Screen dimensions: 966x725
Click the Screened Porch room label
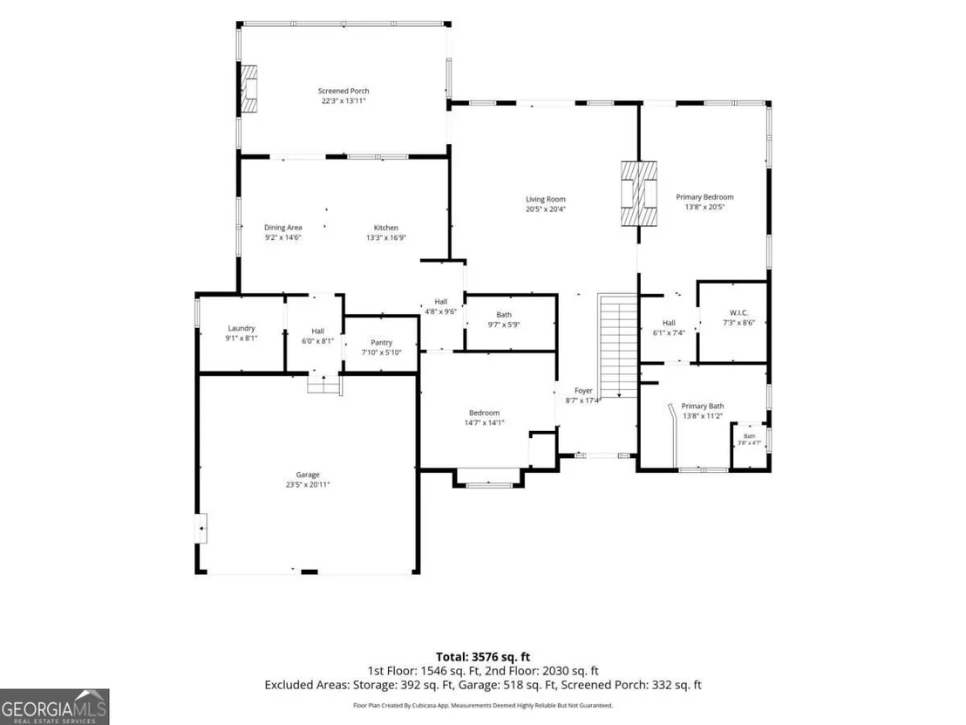coord(344,91)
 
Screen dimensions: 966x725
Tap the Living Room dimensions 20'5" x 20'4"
coord(545,209)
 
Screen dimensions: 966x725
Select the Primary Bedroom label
coord(704,197)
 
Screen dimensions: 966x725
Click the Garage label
coord(308,475)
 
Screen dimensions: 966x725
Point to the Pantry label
coord(381,343)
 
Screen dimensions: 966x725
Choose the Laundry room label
coord(241,329)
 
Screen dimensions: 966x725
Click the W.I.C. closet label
coord(738,312)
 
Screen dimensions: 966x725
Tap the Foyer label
coord(583,391)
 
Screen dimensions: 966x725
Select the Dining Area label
coord(283,228)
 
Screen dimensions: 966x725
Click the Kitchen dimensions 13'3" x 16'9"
coord(386,237)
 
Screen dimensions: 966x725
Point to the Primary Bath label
coord(703,407)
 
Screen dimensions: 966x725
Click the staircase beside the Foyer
coord(617,345)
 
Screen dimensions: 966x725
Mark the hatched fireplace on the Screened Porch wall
coord(248,89)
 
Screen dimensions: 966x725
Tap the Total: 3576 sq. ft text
coord(483,657)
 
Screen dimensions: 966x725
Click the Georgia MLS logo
coord(54,707)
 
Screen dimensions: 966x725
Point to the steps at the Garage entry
coord(324,384)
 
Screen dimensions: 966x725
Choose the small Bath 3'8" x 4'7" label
coord(749,440)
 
